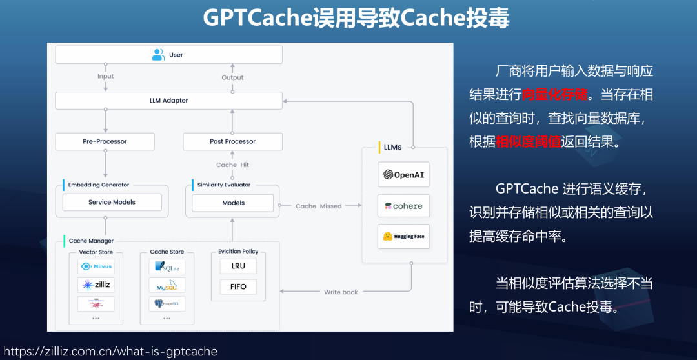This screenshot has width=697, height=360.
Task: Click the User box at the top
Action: click(x=168, y=55)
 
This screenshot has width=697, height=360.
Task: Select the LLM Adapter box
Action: click(x=168, y=101)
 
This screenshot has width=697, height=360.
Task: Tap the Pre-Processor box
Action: click(x=105, y=141)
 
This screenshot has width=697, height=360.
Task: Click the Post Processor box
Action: click(x=232, y=141)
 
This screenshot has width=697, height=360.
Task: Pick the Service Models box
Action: click(x=112, y=202)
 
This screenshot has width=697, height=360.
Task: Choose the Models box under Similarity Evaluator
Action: click(x=233, y=203)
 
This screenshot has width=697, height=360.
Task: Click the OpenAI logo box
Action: click(x=403, y=175)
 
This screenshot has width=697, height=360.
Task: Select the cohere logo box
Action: click(x=403, y=206)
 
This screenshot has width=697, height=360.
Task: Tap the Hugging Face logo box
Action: click(x=403, y=237)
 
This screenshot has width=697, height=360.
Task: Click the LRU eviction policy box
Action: click(x=238, y=266)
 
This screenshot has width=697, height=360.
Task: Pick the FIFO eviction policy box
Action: click(x=238, y=286)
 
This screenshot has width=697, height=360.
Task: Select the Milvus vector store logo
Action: click(x=96, y=266)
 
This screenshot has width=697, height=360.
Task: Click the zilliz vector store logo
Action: click(x=96, y=285)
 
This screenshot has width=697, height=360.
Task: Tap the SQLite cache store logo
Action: click(x=167, y=266)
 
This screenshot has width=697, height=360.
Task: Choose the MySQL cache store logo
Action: click(x=167, y=285)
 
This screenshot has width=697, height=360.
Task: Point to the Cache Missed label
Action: click(x=318, y=206)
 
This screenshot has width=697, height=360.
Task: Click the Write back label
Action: click(x=341, y=292)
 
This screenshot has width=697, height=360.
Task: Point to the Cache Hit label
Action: click(x=232, y=165)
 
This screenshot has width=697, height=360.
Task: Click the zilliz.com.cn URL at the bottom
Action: click(x=110, y=352)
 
